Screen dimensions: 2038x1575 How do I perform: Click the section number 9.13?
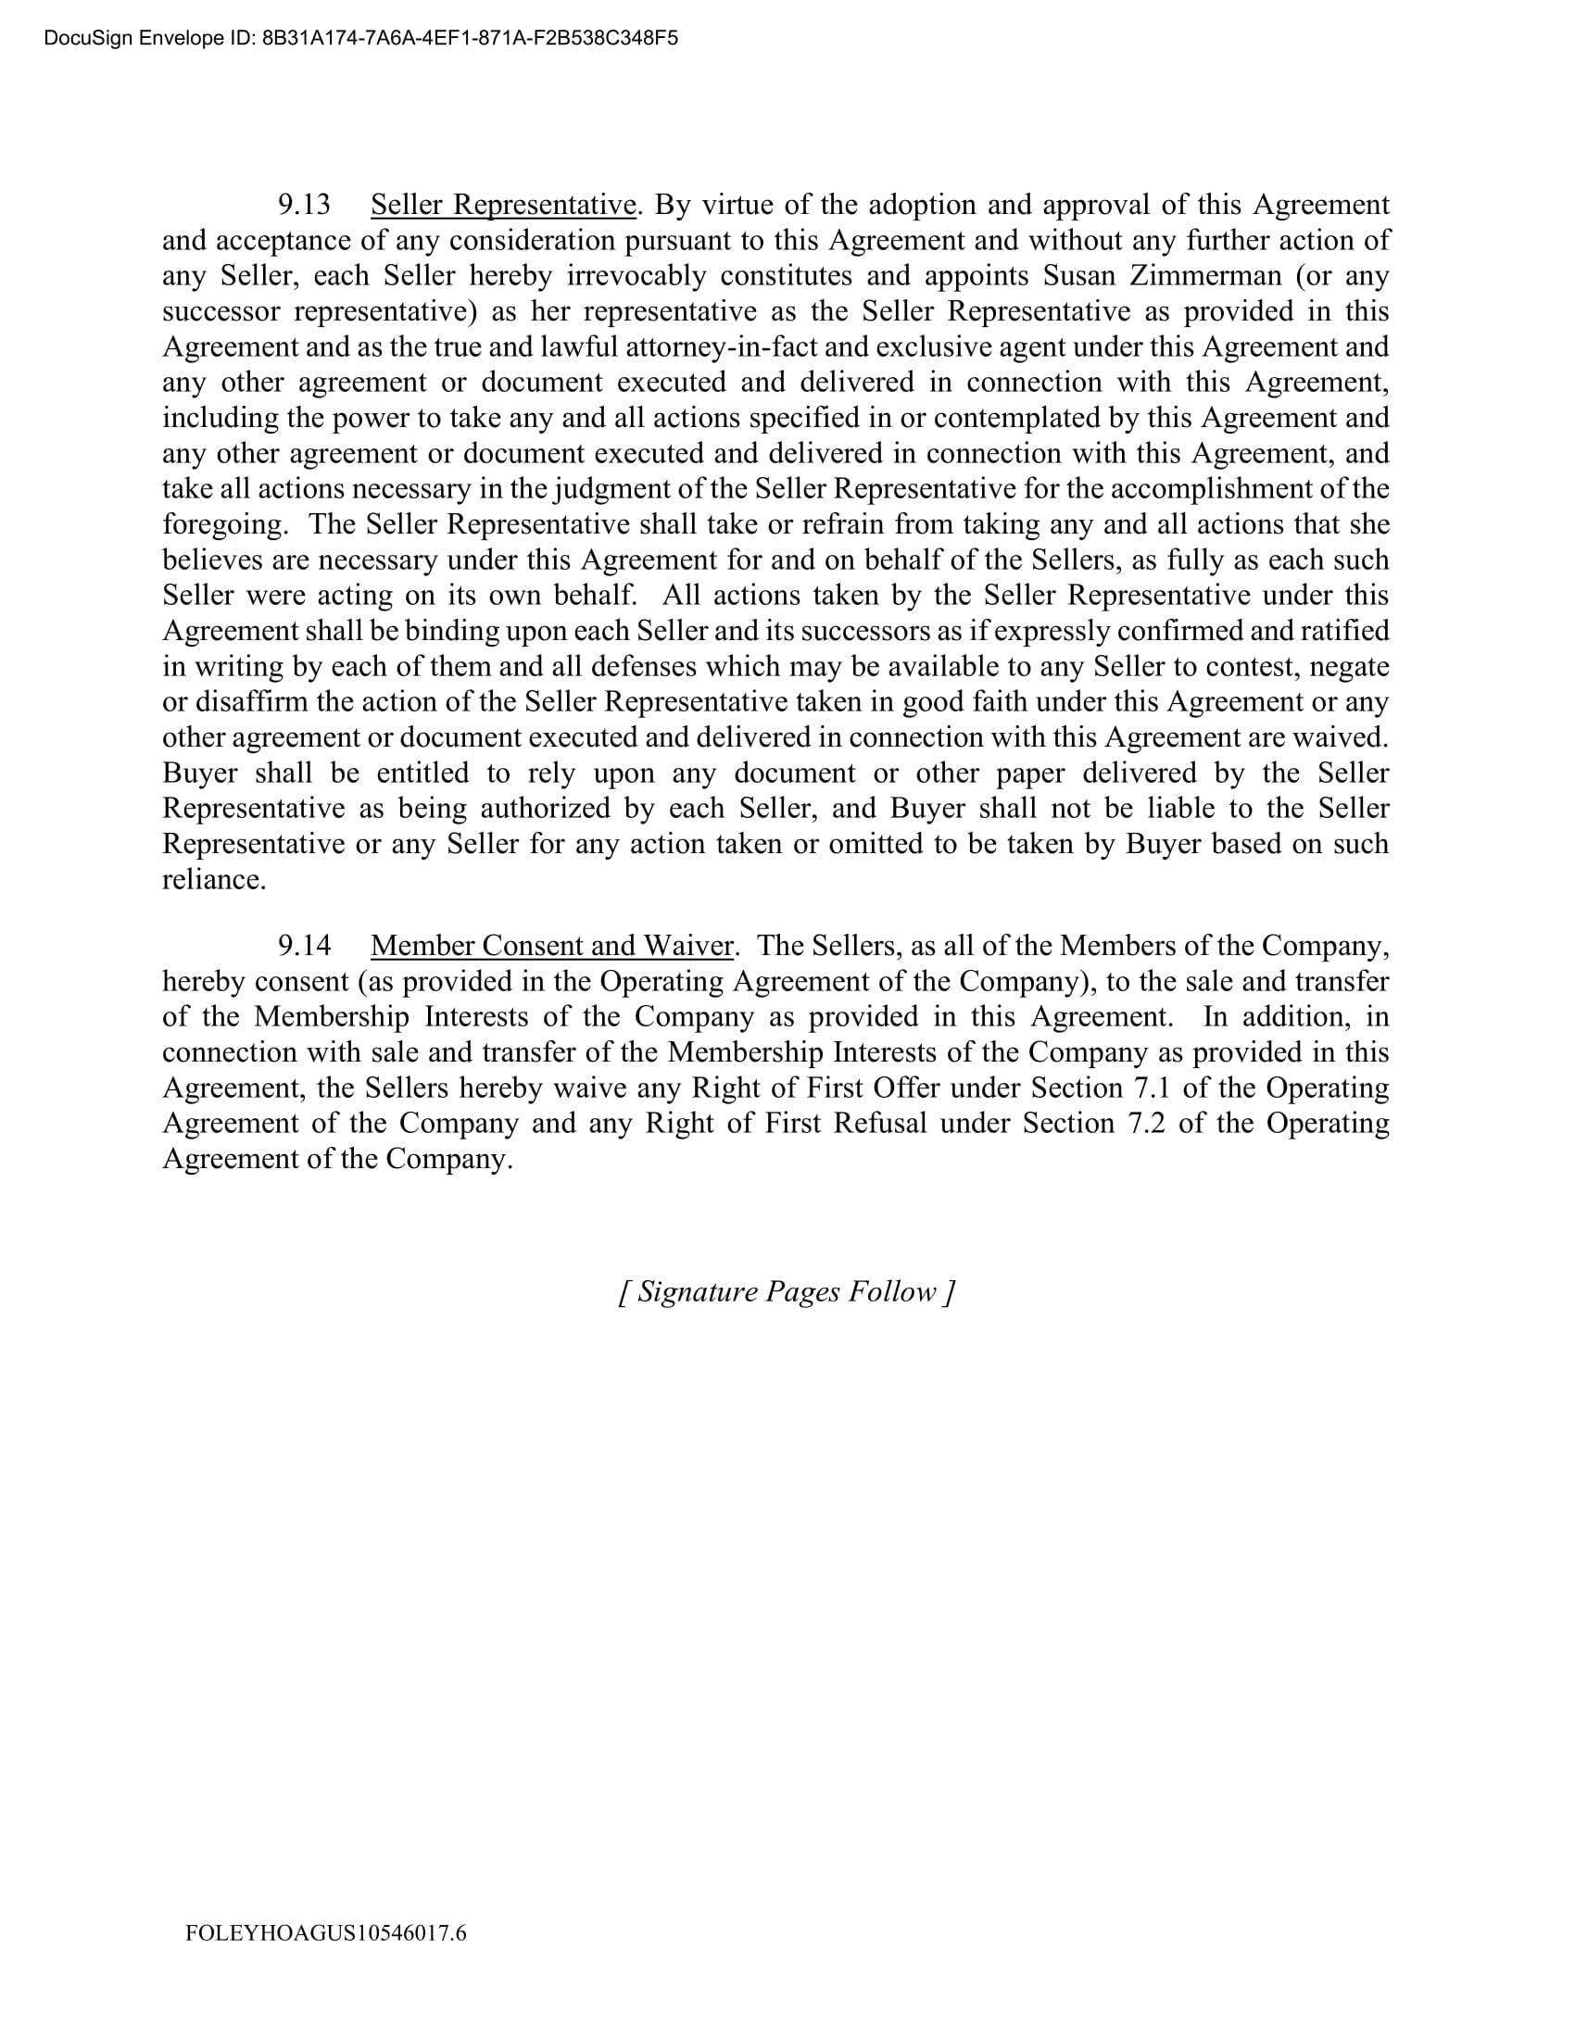pyautogui.click(x=304, y=206)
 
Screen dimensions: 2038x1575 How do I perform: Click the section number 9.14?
pyautogui.click(x=304, y=946)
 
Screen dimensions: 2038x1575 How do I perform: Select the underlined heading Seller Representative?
pyautogui.click(x=503, y=206)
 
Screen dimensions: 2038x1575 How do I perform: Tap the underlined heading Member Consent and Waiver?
pyautogui.click(x=552, y=946)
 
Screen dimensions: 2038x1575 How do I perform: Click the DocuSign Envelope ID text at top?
pyautogui.click(x=360, y=38)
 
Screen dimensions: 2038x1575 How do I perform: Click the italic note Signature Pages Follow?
pyautogui.click(x=787, y=1291)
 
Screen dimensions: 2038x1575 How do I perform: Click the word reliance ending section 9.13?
pyautogui.click(x=213, y=880)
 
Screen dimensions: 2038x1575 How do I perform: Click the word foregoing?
pyautogui.click(x=225, y=524)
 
